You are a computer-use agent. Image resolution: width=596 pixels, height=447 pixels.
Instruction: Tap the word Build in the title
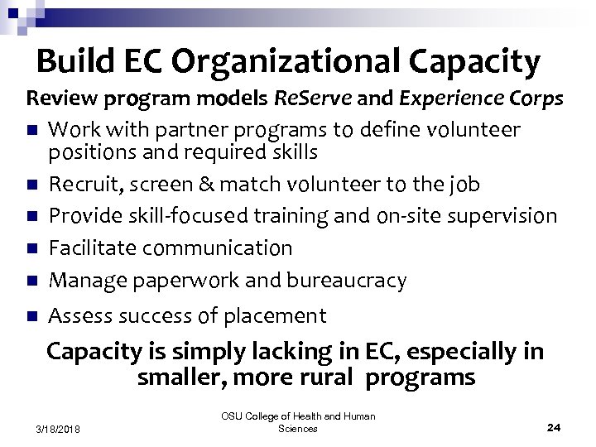click(x=69, y=61)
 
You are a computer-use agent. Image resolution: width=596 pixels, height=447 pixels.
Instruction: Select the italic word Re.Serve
click(x=314, y=99)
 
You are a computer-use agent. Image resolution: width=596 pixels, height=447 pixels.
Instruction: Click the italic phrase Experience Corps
click(x=481, y=99)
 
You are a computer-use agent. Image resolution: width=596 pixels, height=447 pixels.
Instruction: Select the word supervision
click(x=502, y=216)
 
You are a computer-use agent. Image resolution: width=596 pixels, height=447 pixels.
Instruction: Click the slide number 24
click(x=554, y=427)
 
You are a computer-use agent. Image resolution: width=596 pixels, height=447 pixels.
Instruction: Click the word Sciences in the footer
click(x=297, y=428)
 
